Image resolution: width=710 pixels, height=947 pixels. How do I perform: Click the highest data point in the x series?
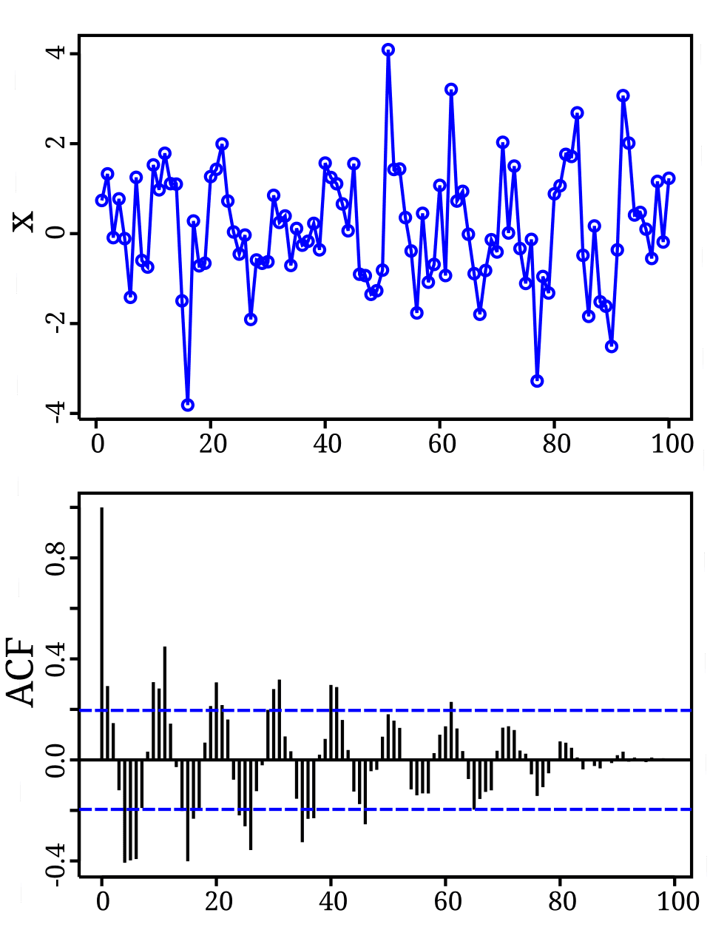coord(388,50)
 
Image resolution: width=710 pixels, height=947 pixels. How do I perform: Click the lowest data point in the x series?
coord(188,405)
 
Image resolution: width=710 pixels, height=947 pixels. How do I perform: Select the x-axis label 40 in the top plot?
coord(327,444)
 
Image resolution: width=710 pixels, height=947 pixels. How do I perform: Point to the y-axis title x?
coord(24,220)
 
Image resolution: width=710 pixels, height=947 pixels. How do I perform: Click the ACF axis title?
coord(21,672)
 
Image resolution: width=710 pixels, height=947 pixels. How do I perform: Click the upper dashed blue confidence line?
coord(444,710)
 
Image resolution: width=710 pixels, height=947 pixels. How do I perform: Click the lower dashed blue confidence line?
coord(444,809)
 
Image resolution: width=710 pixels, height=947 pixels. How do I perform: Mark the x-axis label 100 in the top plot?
coord(669,444)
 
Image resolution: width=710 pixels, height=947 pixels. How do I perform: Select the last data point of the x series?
coord(669,178)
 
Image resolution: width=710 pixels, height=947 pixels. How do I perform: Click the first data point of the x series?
coord(101,200)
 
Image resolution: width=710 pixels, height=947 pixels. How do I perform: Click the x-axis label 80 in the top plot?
coord(556,444)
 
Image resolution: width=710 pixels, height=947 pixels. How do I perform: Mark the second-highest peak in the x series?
coord(451,90)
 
